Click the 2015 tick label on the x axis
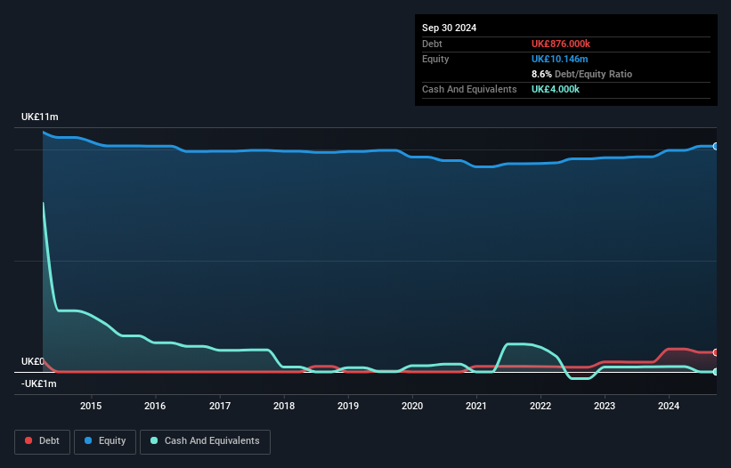point(91,407)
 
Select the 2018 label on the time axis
point(283,407)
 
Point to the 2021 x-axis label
point(476,407)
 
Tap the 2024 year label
point(669,407)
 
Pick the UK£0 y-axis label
point(32,361)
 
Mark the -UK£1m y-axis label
point(39,383)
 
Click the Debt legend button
point(41,441)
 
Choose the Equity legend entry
point(104,441)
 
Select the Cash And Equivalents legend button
point(205,441)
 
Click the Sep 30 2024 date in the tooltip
point(449,28)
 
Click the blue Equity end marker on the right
point(715,146)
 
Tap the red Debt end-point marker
point(715,352)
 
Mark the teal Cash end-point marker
point(715,371)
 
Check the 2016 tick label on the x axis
point(155,407)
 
